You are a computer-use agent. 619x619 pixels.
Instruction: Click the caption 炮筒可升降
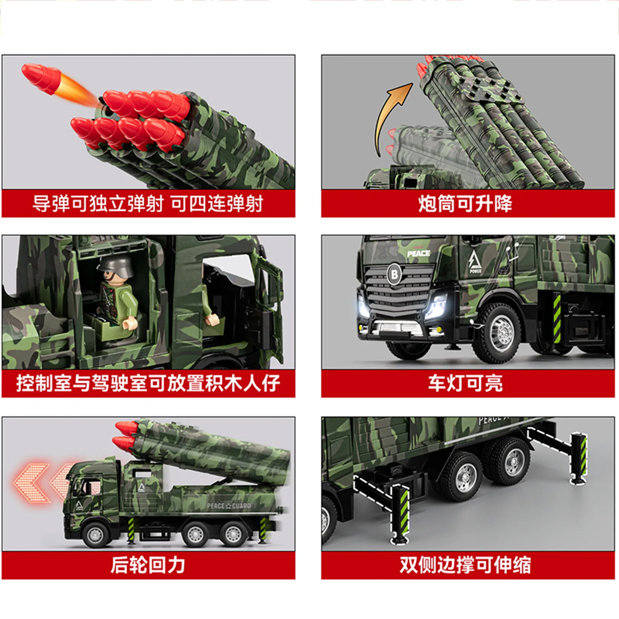coord(465,203)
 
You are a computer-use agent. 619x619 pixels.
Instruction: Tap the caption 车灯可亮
coord(465,383)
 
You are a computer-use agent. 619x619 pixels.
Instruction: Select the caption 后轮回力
coord(148,565)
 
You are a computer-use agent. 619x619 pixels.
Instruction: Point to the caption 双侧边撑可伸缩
coord(465,565)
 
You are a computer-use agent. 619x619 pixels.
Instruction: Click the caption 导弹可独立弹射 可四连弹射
coord(148,203)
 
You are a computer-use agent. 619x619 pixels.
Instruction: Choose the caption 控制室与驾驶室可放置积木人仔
coord(148,383)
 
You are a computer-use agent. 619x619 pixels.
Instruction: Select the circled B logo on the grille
coord(394,274)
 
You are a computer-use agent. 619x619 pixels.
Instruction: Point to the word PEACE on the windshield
coord(419,253)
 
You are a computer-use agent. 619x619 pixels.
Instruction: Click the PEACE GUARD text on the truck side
coord(229,506)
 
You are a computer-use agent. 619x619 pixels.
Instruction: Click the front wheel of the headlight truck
coord(502,332)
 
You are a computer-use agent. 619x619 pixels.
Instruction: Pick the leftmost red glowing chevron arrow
coord(31,483)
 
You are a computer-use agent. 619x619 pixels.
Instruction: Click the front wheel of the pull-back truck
coord(95,535)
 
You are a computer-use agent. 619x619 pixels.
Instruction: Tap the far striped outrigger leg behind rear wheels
coord(578,458)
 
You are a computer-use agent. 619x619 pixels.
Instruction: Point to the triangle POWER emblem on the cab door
coord(475,262)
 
